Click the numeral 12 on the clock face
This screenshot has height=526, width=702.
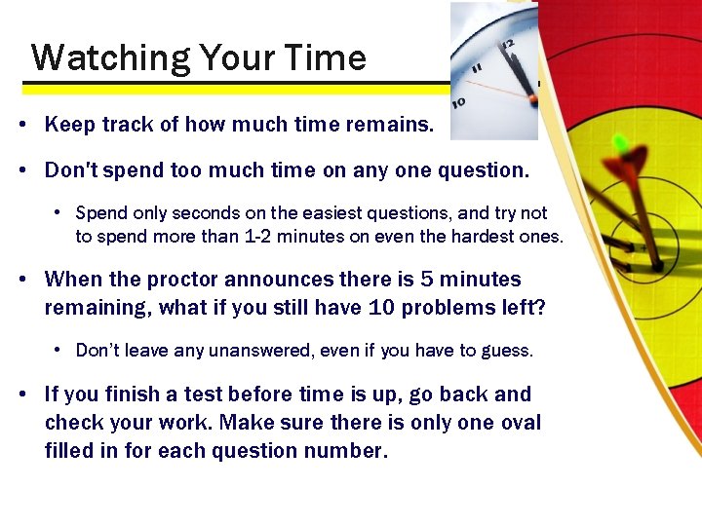click(x=508, y=44)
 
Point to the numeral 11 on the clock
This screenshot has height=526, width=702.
click(x=477, y=69)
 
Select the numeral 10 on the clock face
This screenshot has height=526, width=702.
click(x=458, y=101)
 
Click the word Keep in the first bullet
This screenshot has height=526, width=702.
click(x=66, y=125)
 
